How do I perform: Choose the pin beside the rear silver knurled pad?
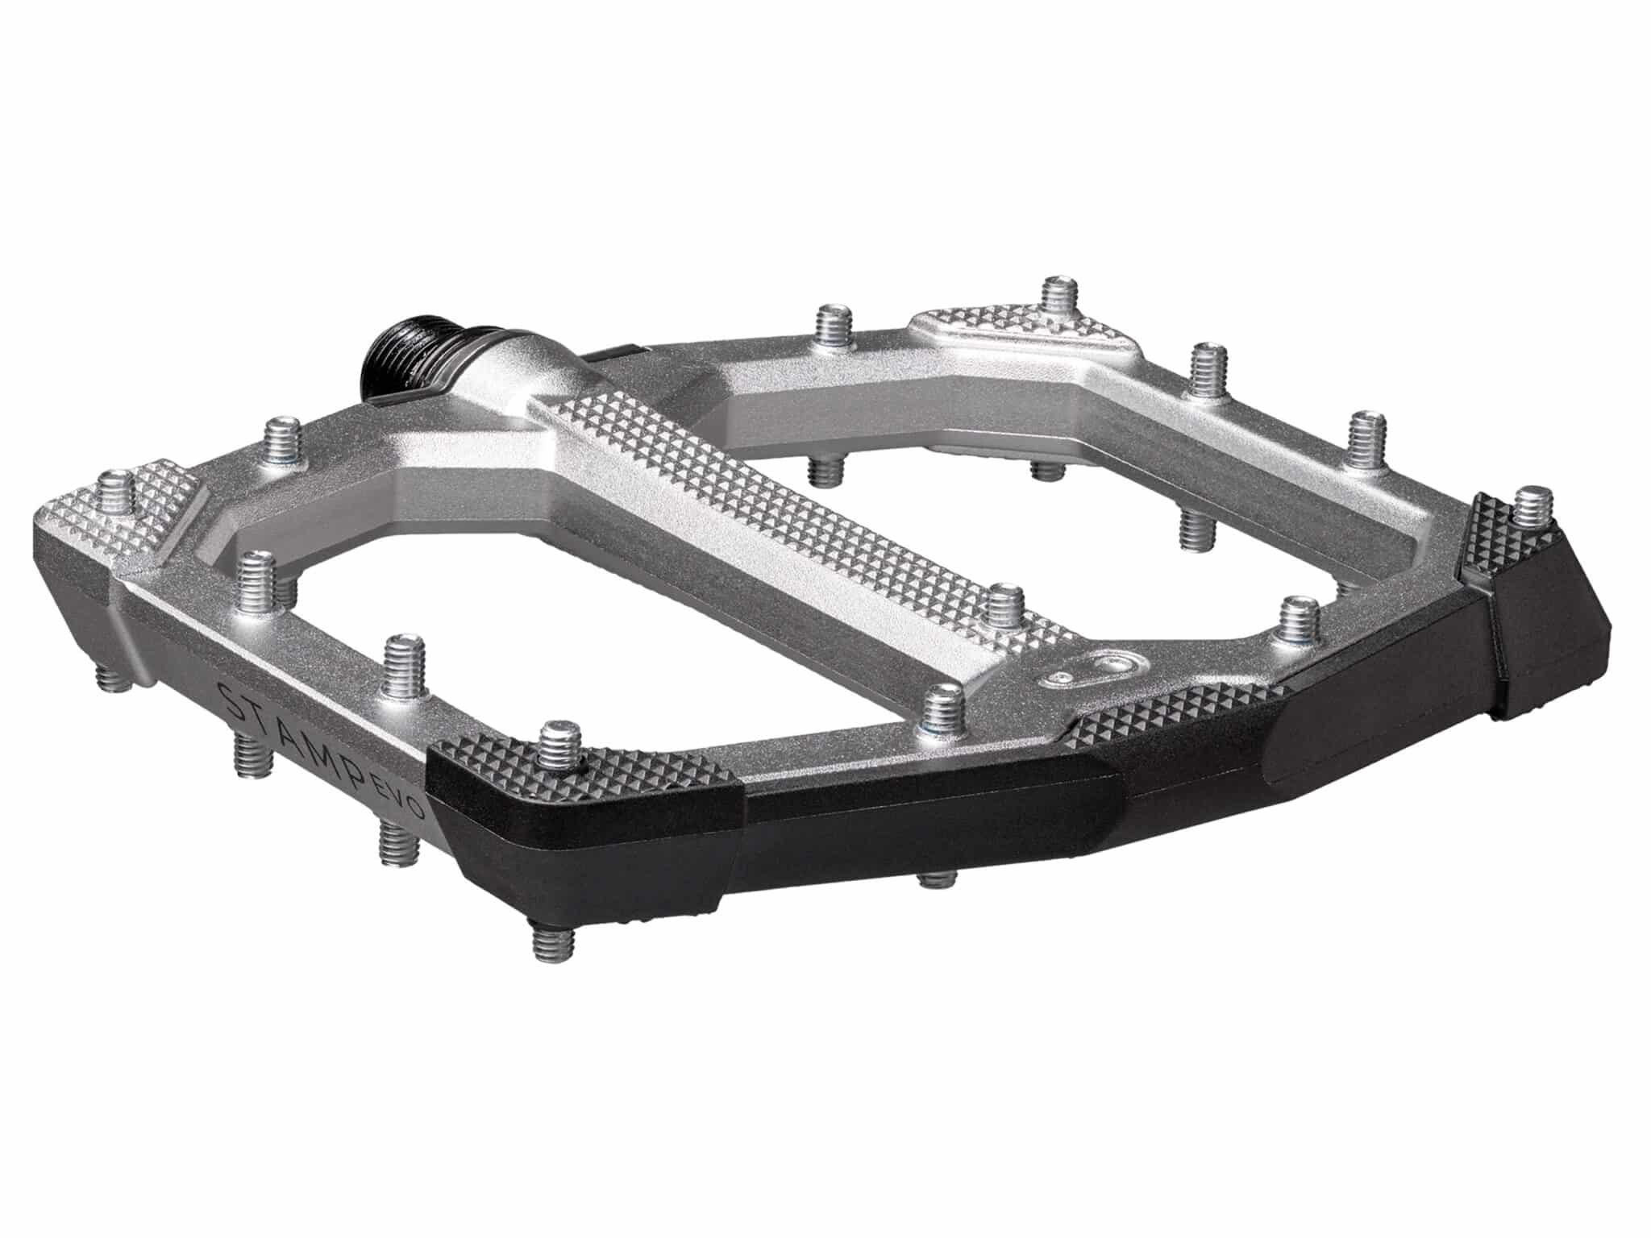tap(1061, 300)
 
